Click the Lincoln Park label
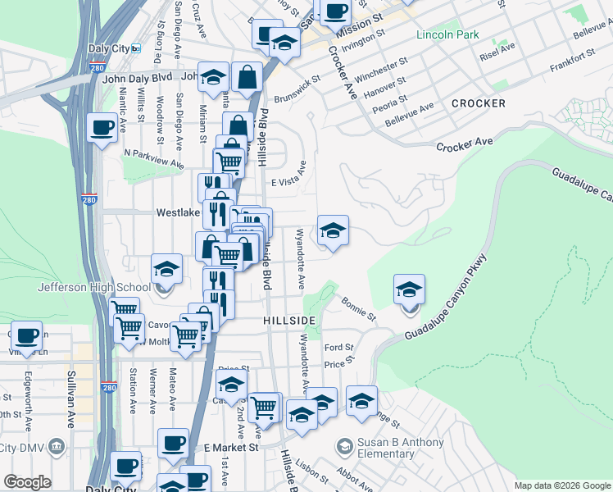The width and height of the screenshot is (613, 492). tap(447, 34)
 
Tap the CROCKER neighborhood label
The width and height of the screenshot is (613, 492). tap(478, 103)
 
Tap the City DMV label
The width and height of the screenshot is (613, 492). tap(25, 447)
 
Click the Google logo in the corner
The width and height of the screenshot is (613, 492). tap(28, 482)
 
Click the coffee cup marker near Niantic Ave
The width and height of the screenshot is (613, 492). tap(102, 128)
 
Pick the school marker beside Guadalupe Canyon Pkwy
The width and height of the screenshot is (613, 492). tap(410, 289)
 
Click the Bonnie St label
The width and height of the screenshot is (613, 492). tap(359, 308)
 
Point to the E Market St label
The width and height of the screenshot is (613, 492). tap(231, 448)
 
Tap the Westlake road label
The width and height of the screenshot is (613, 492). tap(178, 212)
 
